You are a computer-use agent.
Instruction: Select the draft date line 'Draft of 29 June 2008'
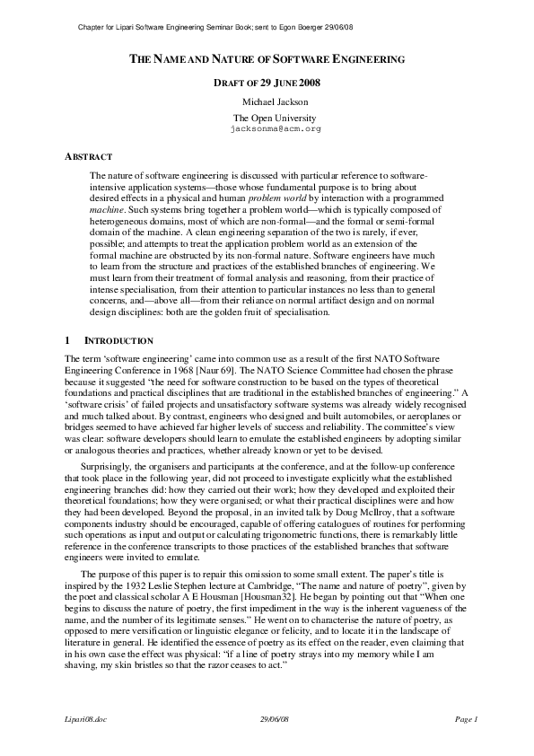click(267, 84)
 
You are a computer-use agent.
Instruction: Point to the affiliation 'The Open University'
click(267, 118)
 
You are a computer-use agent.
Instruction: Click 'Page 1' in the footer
click(467, 719)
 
